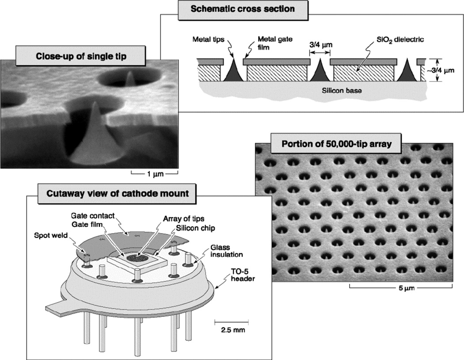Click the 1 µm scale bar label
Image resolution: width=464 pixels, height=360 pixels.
(x=155, y=174)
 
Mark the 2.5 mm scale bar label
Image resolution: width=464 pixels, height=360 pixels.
(x=228, y=329)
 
